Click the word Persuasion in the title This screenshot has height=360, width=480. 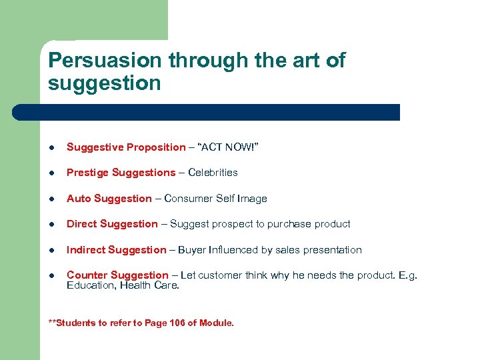point(105,61)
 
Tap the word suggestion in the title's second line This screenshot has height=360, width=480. point(105,83)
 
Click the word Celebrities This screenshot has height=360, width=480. point(213,173)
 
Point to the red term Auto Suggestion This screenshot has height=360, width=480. point(109,199)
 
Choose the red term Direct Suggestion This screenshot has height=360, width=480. point(112,224)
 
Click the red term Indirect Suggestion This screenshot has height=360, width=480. point(116,250)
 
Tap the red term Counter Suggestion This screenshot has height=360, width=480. point(117,275)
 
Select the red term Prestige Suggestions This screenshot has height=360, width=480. point(121,173)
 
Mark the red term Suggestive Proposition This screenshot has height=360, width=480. point(126,147)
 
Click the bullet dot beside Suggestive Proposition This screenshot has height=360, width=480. point(52,147)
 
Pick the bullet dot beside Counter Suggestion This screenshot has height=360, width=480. point(52,276)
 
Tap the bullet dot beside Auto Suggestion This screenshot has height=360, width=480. point(52,199)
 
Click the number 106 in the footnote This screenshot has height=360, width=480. point(177,323)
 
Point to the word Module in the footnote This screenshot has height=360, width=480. point(217,323)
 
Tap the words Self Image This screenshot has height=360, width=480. point(246,199)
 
